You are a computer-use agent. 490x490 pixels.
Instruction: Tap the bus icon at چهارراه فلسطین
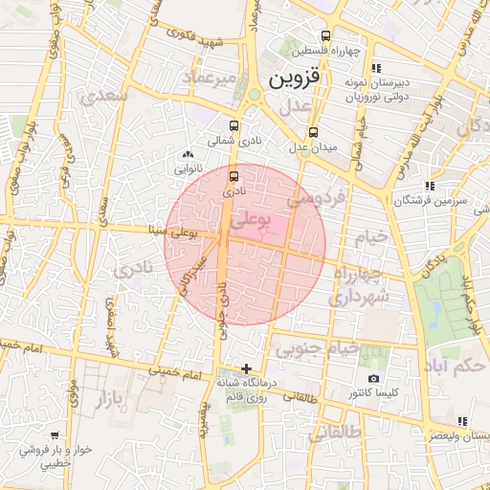[325, 35]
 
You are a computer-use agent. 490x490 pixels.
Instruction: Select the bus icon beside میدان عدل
[313, 132]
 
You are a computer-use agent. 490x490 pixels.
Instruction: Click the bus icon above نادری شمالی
[234, 125]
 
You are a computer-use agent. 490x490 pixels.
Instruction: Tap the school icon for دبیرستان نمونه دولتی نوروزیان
[376, 68]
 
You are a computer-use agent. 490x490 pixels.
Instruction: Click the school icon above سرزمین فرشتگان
[430, 186]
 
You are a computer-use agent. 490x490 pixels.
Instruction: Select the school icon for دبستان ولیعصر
[462, 420]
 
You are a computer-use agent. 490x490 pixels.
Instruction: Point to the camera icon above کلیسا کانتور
[373, 378]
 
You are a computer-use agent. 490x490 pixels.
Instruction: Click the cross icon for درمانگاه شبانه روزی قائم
[247, 368]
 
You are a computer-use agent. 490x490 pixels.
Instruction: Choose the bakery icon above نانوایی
[188, 154]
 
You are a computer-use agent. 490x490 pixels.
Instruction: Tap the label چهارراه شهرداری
[355, 286]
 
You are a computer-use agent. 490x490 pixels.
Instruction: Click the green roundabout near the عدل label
[256, 96]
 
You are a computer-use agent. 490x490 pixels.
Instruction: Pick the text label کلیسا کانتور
[375, 393]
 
